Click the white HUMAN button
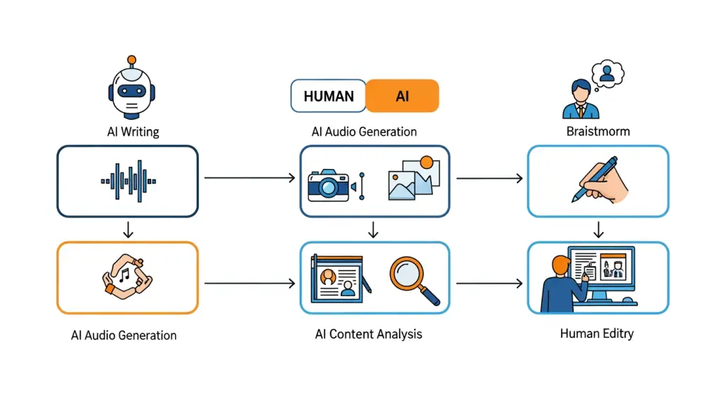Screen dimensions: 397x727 point(328,96)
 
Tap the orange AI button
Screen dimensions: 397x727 point(403,96)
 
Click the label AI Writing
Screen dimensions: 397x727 point(131,131)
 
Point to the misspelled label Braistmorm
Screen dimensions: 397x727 point(597,131)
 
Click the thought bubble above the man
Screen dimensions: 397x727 point(608,73)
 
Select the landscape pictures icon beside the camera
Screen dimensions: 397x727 point(414,178)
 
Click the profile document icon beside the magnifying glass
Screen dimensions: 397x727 point(338,278)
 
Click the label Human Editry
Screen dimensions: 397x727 point(596,334)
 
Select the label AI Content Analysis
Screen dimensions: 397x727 point(368,334)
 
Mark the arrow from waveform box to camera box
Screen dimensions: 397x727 point(249,178)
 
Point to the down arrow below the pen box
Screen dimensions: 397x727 point(598,229)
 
